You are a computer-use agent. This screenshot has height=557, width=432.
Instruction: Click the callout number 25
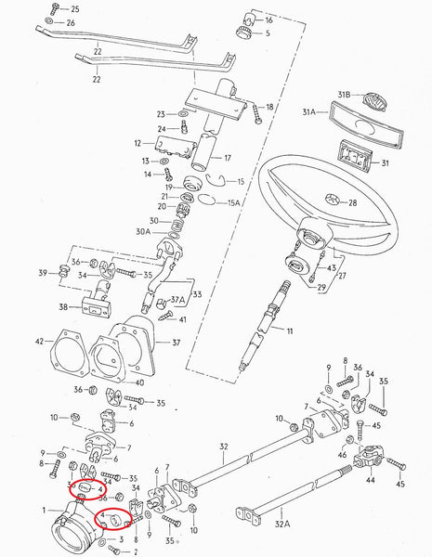75,8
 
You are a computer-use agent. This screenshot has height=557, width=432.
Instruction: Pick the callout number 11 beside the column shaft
289,331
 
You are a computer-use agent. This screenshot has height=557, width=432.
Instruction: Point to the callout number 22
96,81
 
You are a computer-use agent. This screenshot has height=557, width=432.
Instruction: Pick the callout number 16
268,19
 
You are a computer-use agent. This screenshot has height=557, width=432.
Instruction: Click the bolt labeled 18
255,110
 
